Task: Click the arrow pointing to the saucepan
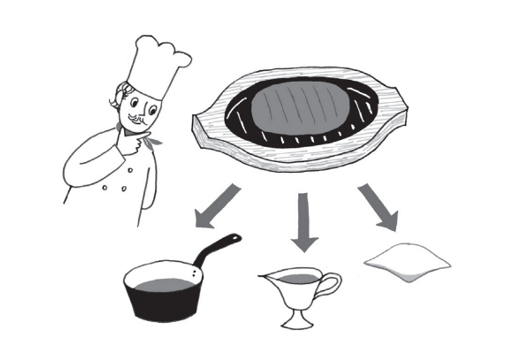click(217, 205)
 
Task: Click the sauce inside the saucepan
click(165, 284)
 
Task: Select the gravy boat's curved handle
click(329, 284)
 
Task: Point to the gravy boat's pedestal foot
click(296, 319)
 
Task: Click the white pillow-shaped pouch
click(406, 261)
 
